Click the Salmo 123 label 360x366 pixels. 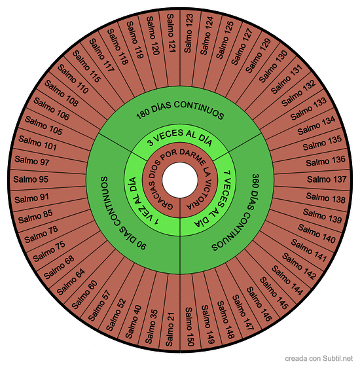click(x=189, y=33)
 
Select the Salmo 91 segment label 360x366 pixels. click(x=31, y=198)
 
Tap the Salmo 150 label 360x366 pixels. click(x=189, y=327)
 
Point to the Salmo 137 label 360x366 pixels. click(x=327, y=179)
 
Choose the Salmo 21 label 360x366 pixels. click(x=170, y=329)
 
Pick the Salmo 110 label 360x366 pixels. click(x=73, y=79)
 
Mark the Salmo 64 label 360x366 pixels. click(x=71, y=282)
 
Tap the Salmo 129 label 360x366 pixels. click(x=259, y=55)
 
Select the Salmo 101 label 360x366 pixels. click(x=38, y=143)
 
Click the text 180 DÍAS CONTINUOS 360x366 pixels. click(x=180, y=109)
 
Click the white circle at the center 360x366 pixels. click(x=180, y=180)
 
